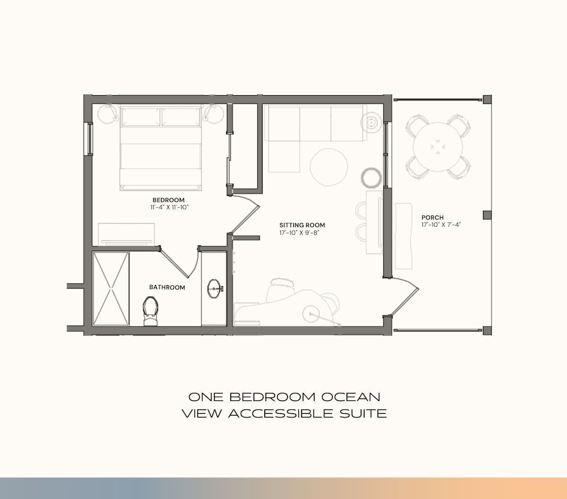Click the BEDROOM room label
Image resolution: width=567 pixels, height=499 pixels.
click(x=168, y=200)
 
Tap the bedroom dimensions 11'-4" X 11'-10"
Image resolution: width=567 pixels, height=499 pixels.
click(x=170, y=208)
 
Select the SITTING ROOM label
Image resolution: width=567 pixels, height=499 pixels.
click(x=302, y=225)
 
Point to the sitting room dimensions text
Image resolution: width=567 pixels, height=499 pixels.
click(x=299, y=233)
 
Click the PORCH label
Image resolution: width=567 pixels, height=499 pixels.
click(x=433, y=218)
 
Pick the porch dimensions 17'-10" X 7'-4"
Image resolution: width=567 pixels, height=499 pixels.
click(x=441, y=225)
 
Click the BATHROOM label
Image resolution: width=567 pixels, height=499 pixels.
click(x=167, y=287)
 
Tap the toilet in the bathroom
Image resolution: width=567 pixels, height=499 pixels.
click(x=150, y=311)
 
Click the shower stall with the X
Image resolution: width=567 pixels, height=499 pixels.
click(x=111, y=289)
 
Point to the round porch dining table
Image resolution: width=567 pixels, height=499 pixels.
click(x=438, y=147)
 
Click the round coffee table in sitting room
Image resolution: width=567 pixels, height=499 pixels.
click(x=329, y=167)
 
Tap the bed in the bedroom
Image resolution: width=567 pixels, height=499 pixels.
click(x=160, y=148)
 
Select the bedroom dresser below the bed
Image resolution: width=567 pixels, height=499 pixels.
click(x=126, y=234)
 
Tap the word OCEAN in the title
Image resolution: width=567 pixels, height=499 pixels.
click(x=351, y=397)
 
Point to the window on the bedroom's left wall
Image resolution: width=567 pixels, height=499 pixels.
click(x=88, y=139)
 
